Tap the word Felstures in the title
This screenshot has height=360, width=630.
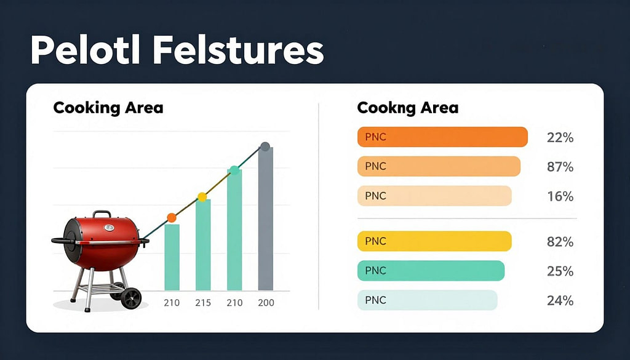[x=238, y=50]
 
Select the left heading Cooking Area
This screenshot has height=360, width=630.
[x=108, y=108]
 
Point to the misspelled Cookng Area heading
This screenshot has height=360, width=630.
[x=407, y=108]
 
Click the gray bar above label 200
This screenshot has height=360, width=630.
[x=266, y=218]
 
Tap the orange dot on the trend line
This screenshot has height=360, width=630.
[x=172, y=217]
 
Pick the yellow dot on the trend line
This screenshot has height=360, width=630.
[x=202, y=198]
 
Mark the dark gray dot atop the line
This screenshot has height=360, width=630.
[x=265, y=146]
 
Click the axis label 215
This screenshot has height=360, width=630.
[x=202, y=303]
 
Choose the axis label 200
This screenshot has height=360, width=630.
[x=266, y=303]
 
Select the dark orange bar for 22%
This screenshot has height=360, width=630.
[x=442, y=137]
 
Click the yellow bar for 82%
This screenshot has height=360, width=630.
[x=434, y=241]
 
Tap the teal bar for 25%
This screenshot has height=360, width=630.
[x=431, y=271]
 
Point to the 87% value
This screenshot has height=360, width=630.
[x=560, y=167]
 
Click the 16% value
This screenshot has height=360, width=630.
[x=560, y=197]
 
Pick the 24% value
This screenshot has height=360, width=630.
[x=560, y=301]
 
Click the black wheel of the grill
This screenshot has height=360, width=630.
[x=131, y=298]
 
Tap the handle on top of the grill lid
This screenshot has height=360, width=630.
[x=102, y=214]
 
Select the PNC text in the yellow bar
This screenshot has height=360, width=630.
[x=375, y=241]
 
